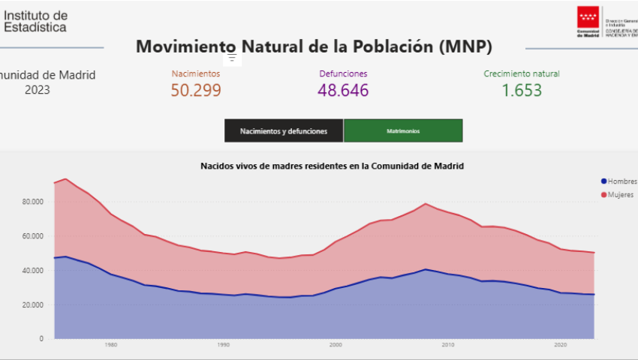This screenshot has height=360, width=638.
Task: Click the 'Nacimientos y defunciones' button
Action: coord(284,130)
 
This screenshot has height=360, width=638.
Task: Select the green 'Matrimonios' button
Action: coord(403,130)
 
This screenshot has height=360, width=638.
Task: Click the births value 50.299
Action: coord(195,91)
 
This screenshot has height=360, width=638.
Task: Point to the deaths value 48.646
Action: coord(343,91)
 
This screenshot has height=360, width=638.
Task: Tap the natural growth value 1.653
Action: coord(522,91)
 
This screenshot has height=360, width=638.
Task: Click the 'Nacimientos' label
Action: coord(195,73)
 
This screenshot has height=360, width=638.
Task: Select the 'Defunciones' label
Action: coord(343,73)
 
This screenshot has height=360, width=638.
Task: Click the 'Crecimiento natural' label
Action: coord(522,73)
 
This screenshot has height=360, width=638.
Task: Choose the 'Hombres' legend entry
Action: coord(621,181)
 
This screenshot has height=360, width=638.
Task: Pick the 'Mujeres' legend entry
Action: coord(619,195)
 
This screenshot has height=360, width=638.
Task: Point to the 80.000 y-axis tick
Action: coord(34,202)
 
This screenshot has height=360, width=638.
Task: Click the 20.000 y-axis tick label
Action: coord(34,304)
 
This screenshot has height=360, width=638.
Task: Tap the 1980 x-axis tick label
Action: coord(111,345)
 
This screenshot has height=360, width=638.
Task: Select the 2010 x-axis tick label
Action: coord(448,345)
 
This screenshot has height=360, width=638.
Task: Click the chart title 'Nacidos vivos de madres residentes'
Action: coord(331,165)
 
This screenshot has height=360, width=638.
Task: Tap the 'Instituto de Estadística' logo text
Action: coord(35,21)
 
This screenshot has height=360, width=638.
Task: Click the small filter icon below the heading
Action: coord(232,58)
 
